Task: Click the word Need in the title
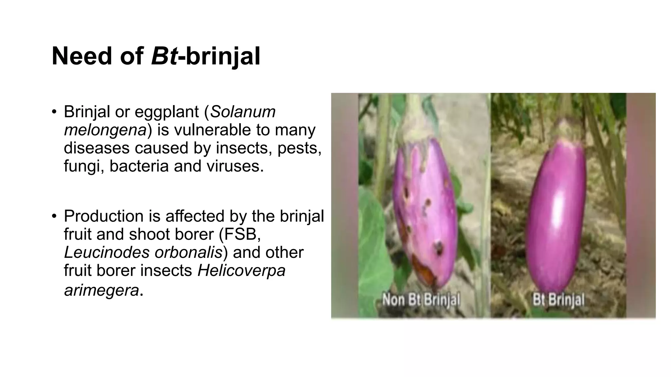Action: [x=82, y=56]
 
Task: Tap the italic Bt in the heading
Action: [x=164, y=56]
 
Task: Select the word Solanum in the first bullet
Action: [x=243, y=112]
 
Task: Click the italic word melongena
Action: [x=105, y=130]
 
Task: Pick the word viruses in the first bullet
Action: [x=235, y=166]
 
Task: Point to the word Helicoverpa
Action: [x=241, y=271]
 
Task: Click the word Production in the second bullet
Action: [x=104, y=216]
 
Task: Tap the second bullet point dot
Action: [x=54, y=216]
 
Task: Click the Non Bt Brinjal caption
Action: [x=421, y=300]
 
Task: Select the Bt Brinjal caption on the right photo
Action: [x=558, y=300]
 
